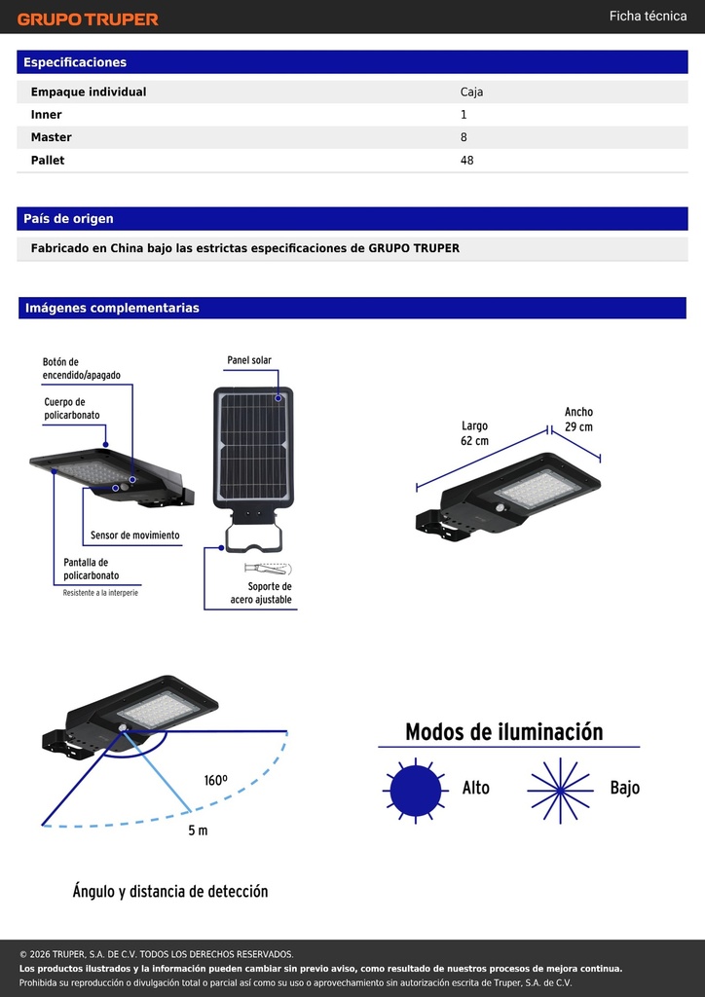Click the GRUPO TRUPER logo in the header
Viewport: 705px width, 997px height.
coord(88,19)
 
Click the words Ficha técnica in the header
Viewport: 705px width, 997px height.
coord(648,16)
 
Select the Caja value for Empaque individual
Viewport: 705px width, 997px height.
coord(471,92)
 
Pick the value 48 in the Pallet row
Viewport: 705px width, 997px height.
coord(467,161)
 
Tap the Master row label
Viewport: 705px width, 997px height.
coord(52,137)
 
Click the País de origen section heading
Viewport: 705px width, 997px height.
coord(69,219)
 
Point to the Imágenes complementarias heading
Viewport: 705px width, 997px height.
coord(113,309)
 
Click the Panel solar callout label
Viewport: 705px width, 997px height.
coord(249,360)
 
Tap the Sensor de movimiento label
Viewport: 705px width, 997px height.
coord(134,535)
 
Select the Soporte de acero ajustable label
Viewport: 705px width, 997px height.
coord(261,593)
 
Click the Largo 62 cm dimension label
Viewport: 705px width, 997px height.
coord(475,433)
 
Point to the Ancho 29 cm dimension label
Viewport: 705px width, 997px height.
coord(578,420)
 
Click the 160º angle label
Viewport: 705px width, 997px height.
coord(216,780)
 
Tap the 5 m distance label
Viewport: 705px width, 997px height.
coord(198,831)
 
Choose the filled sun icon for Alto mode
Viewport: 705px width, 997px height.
coord(415,791)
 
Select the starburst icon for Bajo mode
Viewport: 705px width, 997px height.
coord(560,791)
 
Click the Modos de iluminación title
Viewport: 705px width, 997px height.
coord(504,732)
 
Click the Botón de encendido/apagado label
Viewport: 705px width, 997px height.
coord(82,369)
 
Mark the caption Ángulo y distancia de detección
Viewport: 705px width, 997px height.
coord(170,892)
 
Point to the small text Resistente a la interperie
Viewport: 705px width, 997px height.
coord(100,593)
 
